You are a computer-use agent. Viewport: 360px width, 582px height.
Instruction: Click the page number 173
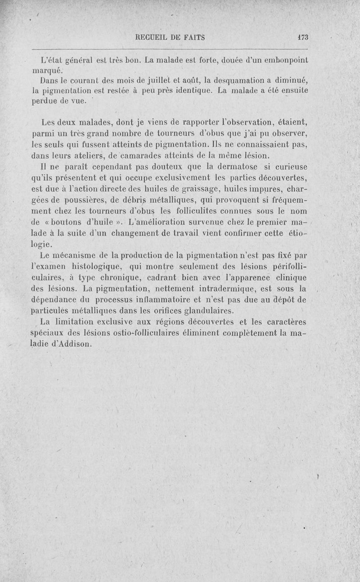301,38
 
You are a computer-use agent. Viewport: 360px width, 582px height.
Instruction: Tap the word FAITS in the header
193,38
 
